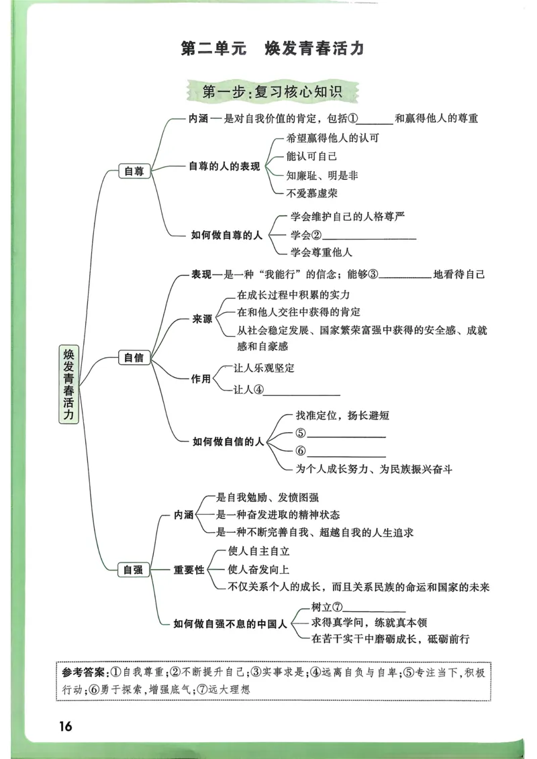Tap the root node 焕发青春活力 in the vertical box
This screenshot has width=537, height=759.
click(68, 384)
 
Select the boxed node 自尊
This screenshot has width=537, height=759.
click(134, 171)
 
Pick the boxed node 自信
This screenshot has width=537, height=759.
click(134, 358)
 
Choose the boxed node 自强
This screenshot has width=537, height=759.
click(134, 570)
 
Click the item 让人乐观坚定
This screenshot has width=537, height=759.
click(264, 368)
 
